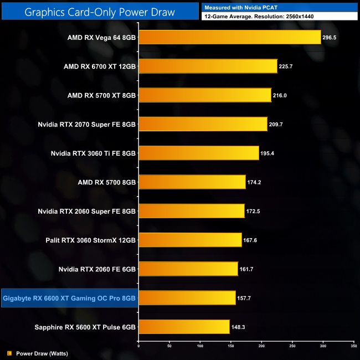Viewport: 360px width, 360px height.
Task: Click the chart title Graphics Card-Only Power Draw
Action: tap(100, 11)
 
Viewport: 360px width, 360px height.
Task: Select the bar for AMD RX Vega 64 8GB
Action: tap(229, 37)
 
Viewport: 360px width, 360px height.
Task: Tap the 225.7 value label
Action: tap(287, 66)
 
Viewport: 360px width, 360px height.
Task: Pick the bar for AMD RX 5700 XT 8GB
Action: tap(204, 95)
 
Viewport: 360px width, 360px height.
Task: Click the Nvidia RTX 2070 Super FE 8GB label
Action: tap(86, 124)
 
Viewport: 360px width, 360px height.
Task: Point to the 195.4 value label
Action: tap(269, 153)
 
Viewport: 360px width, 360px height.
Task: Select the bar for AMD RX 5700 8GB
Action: tap(192, 182)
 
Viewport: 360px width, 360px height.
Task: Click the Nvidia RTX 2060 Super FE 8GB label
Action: tap(86, 211)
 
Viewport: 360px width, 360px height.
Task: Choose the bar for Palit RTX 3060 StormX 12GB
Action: tap(190, 240)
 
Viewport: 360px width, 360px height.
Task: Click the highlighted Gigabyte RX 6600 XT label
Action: tap(69, 298)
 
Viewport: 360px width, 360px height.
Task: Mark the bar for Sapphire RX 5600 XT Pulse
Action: tap(184, 327)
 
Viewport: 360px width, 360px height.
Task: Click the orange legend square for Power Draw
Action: tap(9, 352)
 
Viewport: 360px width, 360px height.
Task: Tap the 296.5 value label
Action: tap(331, 37)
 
